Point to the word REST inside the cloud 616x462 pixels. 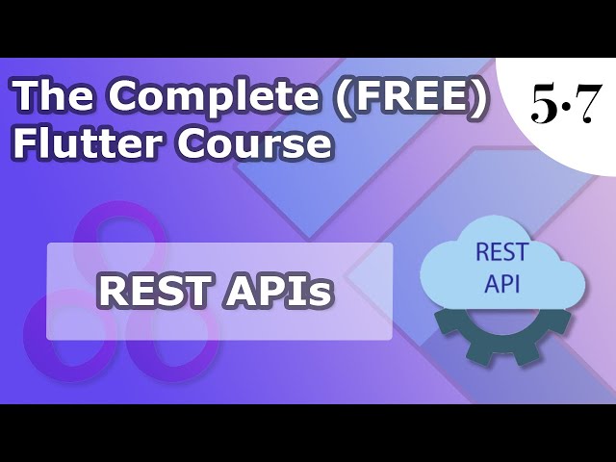501,252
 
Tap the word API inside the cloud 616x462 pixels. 501,285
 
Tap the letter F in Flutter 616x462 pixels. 23,142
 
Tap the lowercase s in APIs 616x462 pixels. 324,295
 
